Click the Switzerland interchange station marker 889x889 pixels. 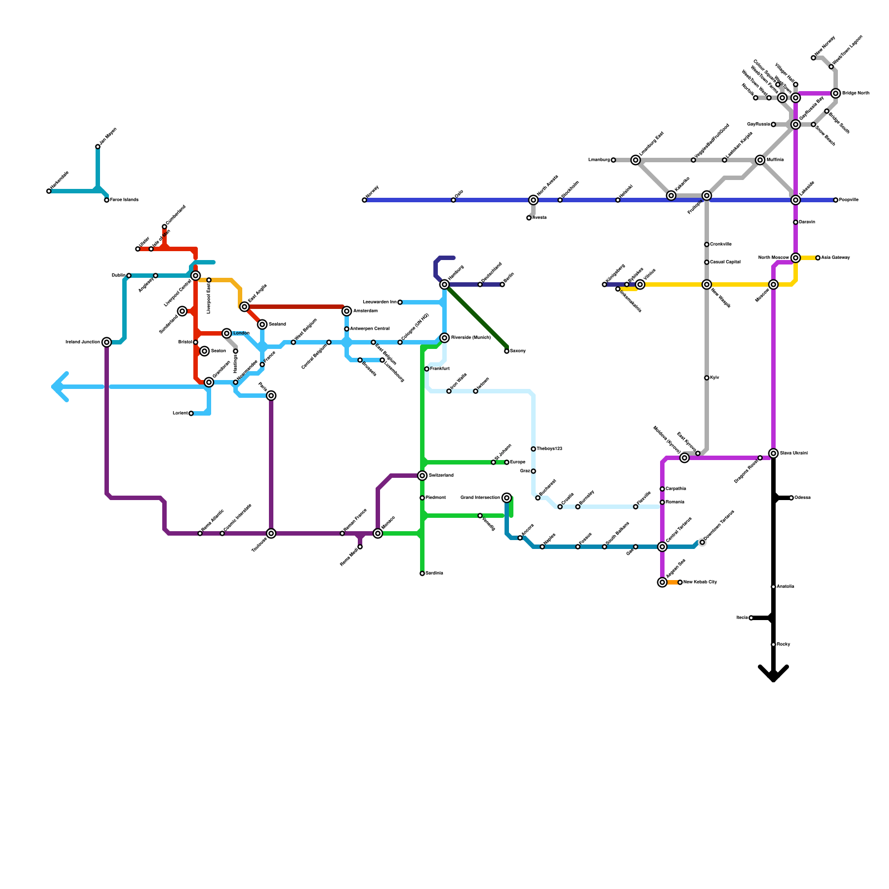tap(422, 476)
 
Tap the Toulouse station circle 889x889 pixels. tap(271, 533)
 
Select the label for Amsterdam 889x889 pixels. tap(365, 311)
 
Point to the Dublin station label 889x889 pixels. tap(118, 276)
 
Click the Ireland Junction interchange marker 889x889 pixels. tap(107, 342)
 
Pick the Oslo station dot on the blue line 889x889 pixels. tap(453, 200)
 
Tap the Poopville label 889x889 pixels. tap(848, 200)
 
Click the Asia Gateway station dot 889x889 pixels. tap(818, 258)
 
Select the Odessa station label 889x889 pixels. tap(802, 498)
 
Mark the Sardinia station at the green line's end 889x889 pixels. tap(422, 573)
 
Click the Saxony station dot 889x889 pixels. tap(507, 351)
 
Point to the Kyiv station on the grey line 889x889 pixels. tap(707, 378)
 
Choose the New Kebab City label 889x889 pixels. tap(700, 582)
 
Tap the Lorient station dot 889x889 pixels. tap(191, 413)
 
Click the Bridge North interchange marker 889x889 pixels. tap(836, 93)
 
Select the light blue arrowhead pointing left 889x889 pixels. tap(58, 387)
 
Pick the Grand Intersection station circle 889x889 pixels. tap(507, 498)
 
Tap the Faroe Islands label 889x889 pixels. tap(124, 200)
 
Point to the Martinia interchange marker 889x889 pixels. tap(760, 160)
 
